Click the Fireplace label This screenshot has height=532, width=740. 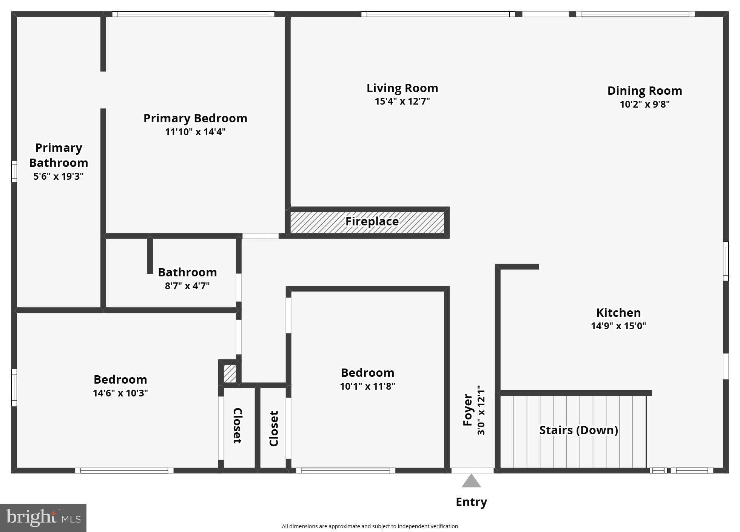372,222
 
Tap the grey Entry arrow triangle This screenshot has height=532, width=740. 471,481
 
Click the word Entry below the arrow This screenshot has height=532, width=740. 471,502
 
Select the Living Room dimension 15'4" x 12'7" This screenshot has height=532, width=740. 402,102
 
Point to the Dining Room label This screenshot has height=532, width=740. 644,91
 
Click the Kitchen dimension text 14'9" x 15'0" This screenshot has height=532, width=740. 618,326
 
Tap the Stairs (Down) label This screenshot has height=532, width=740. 578,430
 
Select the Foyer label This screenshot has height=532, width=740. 468,410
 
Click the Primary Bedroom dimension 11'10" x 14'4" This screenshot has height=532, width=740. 195,132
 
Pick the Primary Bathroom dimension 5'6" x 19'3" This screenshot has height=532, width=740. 59,176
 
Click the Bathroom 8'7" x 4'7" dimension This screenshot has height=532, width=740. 187,286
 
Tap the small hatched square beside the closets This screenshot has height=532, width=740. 230,373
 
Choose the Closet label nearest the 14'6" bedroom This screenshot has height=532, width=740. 237,426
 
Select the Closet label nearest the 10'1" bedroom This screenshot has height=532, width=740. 274,429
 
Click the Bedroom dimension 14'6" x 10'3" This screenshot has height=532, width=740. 120,393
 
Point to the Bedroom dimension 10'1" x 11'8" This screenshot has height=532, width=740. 367,386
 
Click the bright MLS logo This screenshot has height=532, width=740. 43,518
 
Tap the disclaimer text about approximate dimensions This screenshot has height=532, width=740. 370,526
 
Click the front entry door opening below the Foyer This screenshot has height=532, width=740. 472,470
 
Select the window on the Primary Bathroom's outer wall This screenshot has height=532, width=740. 14,171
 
